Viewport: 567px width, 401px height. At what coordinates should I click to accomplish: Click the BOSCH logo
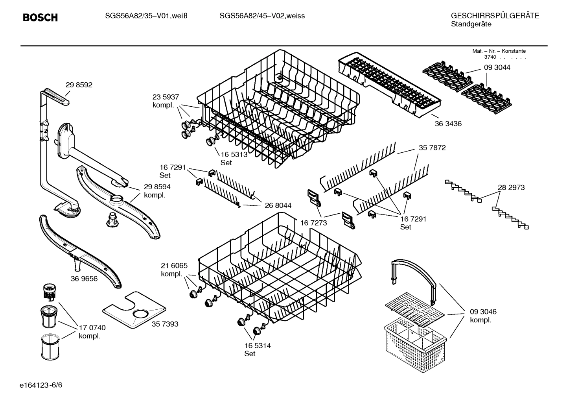click(x=40, y=17)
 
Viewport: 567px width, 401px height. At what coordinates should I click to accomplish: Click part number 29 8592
click(x=79, y=85)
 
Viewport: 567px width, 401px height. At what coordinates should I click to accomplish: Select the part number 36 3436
click(x=448, y=124)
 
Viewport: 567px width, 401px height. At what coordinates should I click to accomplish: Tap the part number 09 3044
click(x=497, y=67)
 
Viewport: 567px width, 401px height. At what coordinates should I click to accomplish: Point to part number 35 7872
click(x=432, y=148)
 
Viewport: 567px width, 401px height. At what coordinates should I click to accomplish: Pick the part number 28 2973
click(x=511, y=187)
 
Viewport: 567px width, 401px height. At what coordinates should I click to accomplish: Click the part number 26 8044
click(x=278, y=205)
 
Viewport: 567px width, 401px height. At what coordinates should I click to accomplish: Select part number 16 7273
click(x=314, y=223)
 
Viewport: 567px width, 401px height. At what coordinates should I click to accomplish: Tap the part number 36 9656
click(x=84, y=279)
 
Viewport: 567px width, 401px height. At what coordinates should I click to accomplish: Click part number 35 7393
click(x=165, y=324)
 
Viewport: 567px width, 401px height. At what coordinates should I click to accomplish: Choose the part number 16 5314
click(x=257, y=346)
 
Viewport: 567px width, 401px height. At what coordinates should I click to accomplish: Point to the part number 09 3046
click(x=483, y=312)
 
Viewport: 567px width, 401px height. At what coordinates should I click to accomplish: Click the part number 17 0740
click(x=92, y=327)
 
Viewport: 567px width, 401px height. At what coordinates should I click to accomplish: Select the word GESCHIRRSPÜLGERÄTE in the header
click(x=495, y=16)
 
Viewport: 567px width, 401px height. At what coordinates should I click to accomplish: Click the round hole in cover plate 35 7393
click(x=141, y=314)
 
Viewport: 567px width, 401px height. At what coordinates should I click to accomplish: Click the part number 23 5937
click(x=166, y=97)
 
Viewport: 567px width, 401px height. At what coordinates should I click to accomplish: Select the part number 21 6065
click(x=174, y=265)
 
